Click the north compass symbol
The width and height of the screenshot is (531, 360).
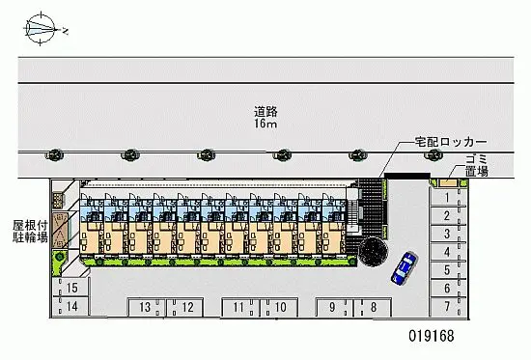click(x=41, y=29)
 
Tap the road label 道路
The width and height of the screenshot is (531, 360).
click(x=265, y=111)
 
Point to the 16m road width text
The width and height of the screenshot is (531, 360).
click(x=265, y=124)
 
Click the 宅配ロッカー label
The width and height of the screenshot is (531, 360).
click(x=451, y=142)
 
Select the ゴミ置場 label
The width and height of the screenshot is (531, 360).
click(x=477, y=166)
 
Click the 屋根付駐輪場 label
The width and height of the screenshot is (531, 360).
click(x=30, y=232)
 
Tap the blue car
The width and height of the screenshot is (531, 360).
click(x=404, y=267)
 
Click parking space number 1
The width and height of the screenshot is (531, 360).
click(x=447, y=197)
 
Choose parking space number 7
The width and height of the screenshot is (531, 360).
click(x=447, y=307)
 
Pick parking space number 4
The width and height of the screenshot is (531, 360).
click(x=447, y=252)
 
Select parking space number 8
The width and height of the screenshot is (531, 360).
click(x=374, y=307)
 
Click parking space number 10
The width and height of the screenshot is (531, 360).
click(x=280, y=307)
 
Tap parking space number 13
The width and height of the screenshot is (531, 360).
click(x=145, y=307)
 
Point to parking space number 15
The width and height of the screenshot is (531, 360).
click(x=71, y=288)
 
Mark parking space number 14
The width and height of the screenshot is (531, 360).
click(x=71, y=307)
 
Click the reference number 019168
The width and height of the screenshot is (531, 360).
click(x=432, y=336)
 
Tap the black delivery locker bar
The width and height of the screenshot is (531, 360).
click(x=407, y=176)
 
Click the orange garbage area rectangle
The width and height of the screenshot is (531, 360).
click(x=448, y=182)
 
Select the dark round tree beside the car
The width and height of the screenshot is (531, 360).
click(x=374, y=252)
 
